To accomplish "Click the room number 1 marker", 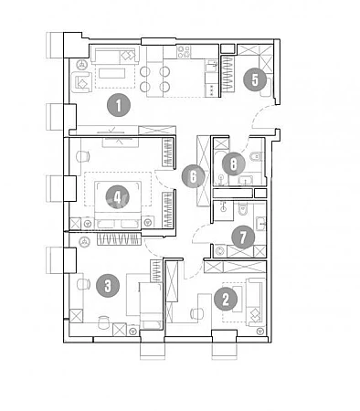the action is click(x=119, y=105).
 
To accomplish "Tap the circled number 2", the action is click(x=226, y=300).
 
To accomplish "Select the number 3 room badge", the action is click(x=108, y=286).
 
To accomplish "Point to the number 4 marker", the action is click(x=118, y=197).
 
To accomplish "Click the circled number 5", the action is click(x=255, y=79).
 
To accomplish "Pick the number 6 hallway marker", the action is click(x=193, y=176).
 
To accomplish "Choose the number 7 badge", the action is click(x=243, y=237).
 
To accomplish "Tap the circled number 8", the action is click(x=234, y=164).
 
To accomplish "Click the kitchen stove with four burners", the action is click(x=184, y=51).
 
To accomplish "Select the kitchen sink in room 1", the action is click(x=212, y=66).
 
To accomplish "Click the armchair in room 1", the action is click(x=81, y=82).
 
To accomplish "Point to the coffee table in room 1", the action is click(x=111, y=73).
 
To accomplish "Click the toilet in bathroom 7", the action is click(x=242, y=208).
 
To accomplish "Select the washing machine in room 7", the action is click(x=220, y=251).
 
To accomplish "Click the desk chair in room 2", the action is click(x=197, y=313).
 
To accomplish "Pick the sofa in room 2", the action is click(x=255, y=301).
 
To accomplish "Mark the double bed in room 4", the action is click(x=118, y=205).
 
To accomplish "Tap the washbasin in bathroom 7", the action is click(x=261, y=223).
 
